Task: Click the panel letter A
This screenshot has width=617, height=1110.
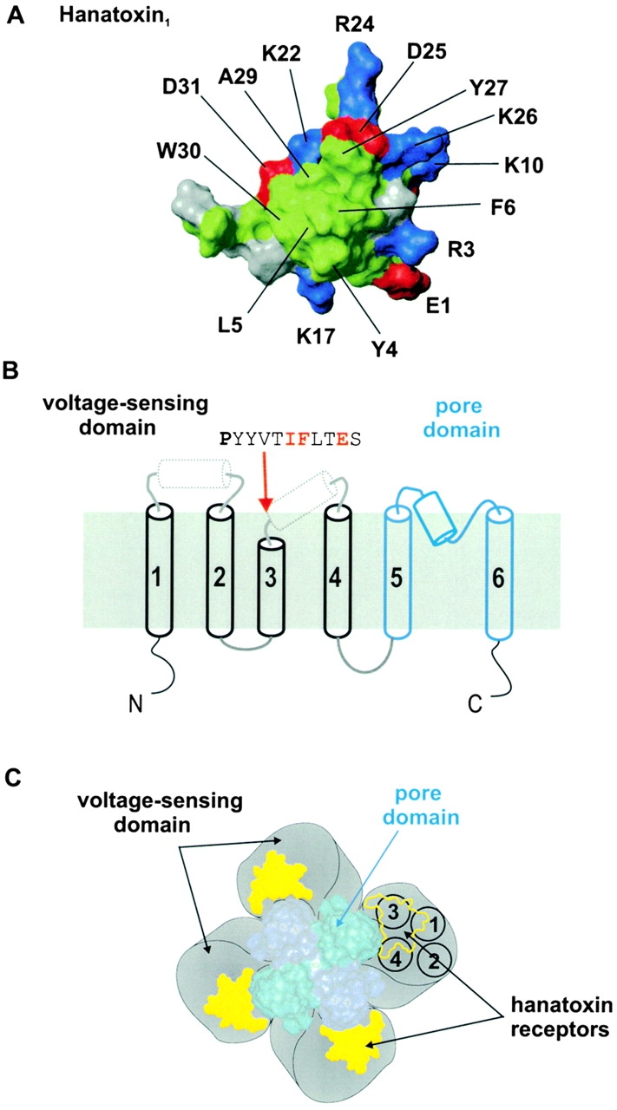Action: (12, 15)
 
